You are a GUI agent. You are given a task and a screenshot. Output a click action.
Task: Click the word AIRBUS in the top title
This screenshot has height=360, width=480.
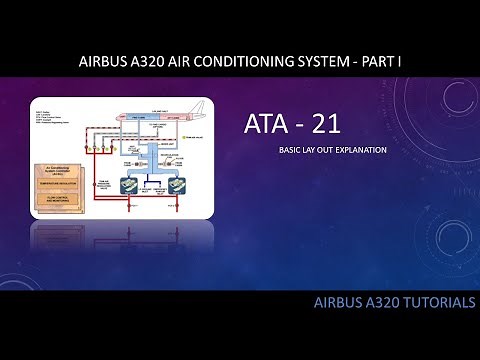pos(104,62)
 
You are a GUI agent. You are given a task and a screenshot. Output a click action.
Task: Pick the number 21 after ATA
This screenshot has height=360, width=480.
pos(337,125)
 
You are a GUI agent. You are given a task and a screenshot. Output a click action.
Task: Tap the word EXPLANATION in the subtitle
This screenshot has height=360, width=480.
pos(366,151)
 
